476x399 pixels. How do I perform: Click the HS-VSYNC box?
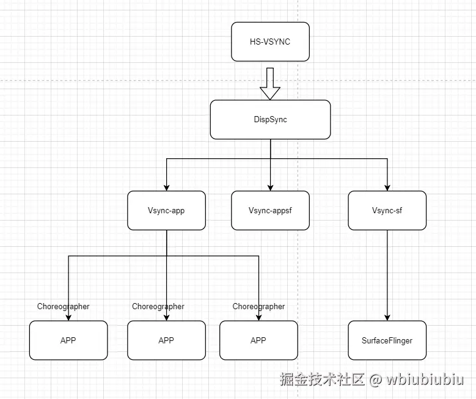[270, 42]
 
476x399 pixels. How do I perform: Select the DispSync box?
[270, 119]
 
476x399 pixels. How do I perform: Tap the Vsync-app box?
[166, 211]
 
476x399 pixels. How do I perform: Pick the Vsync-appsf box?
[270, 211]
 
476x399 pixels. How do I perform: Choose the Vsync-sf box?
[387, 211]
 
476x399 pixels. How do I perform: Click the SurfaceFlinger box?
[387, 340]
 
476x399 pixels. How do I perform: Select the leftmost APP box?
[68, 340]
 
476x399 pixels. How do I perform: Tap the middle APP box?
[166, 340]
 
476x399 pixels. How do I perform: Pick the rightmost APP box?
[258, 340]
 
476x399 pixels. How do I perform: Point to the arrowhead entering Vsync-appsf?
[270, 187]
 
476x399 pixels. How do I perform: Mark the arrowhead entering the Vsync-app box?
[166, 187]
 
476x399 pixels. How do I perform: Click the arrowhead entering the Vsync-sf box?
[387, 187]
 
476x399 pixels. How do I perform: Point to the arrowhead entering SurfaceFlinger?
[387, 317]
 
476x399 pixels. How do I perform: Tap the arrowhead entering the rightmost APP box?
[258, 317]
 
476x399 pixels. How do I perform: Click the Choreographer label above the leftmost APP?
[63, 307]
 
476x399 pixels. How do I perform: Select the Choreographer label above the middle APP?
[158, 307]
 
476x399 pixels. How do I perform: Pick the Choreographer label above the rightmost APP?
[258, 307]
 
